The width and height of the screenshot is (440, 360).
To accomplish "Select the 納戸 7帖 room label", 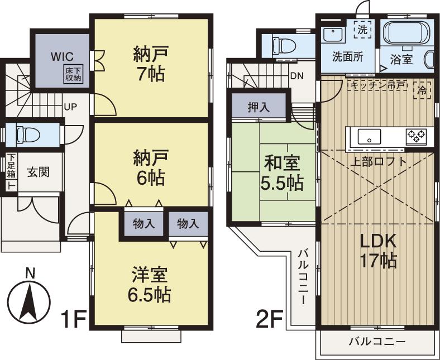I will pos(149,64).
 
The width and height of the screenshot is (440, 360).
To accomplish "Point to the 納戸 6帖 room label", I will pos(149,168).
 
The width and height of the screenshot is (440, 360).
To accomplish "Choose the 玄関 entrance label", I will pos(40,171).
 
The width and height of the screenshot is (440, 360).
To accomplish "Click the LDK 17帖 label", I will pos(377,251).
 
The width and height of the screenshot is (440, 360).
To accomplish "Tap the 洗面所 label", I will pos(347,57).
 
